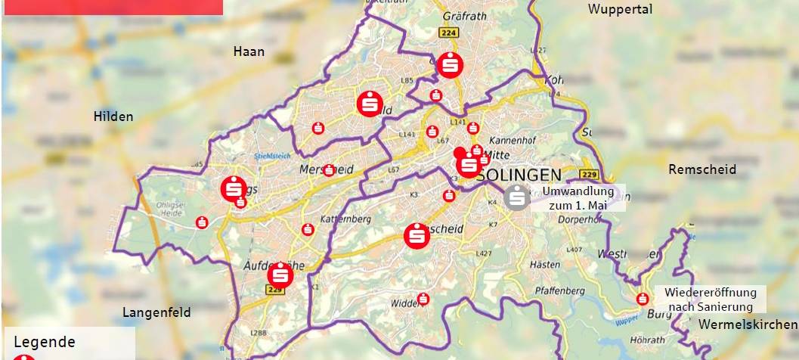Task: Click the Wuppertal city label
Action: pyautogui.click(x=620, y=9)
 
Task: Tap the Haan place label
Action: pyautogui.click(x=249, y=51)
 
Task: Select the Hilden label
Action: pyautogui.click(x=113, y=116)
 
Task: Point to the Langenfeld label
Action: pyautogui.click(x=156, y=312)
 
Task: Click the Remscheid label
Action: pyautogui.click(x=702, y=169)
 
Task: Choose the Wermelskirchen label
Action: pyautogui.click(x=748, y=324)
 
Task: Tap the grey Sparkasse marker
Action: pyautogui.click(x=516, y=197)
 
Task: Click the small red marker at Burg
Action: pyautogui.click(x=643, y=299)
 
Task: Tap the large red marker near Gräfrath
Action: pyautogui.click(x=450, y=65)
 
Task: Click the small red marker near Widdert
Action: pyautogui.click(x=423, y=299)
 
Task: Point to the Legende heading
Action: pyautogui.click(x=45, y=342)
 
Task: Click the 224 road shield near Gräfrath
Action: pyautogui.click(x=448, y=33)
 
